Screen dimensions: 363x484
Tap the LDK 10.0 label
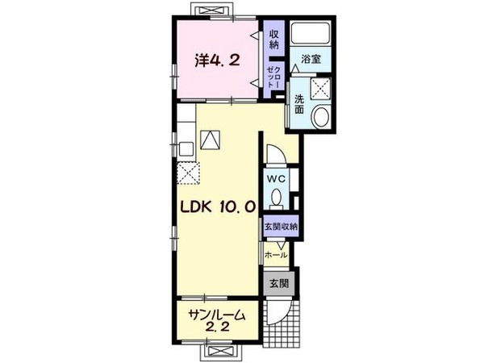[219, 207]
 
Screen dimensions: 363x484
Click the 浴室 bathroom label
[311, 59]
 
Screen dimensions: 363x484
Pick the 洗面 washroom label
[299, 103]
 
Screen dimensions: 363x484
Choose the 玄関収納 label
[280, 227]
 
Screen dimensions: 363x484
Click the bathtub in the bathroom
[311, 34]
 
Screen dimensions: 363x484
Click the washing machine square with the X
[321, 88]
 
